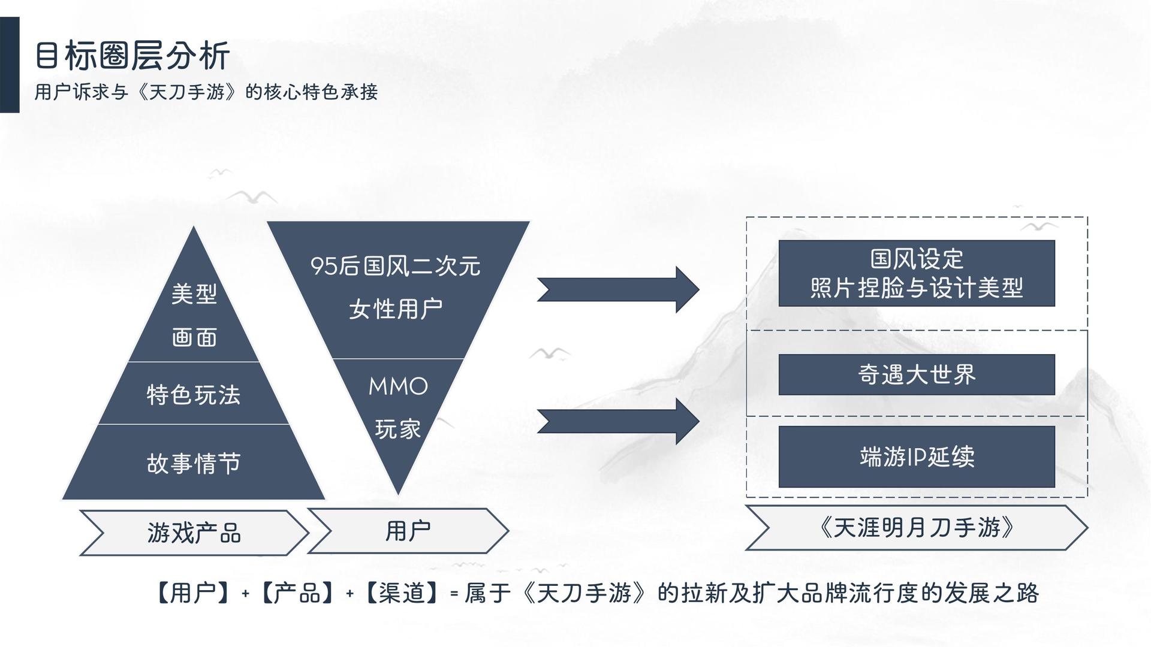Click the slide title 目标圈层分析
(x=132, y=56)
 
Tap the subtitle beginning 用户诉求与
(x=206, y=92)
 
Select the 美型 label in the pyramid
(x=194, y=294)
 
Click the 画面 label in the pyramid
(x=194, y=337)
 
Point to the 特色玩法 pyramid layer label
(x=194, y=395)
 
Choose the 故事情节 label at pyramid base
(x=194, y=463)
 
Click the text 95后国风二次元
(x=396, y=266)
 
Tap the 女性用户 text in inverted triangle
(x=396, y=309)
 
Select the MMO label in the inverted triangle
(x=398, y=386)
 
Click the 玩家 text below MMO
(x=398, y=429)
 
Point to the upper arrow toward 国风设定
(x=618, y=289)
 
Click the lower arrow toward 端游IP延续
(x=618, y=421)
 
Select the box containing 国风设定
(x=917, y=273)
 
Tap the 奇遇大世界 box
(x=917, y=374)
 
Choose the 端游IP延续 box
(x=917, y=456)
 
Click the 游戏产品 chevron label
(x=194, y=533)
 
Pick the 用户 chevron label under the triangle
(x=408, y=531)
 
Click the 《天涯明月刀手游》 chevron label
(x=917, y=528)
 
